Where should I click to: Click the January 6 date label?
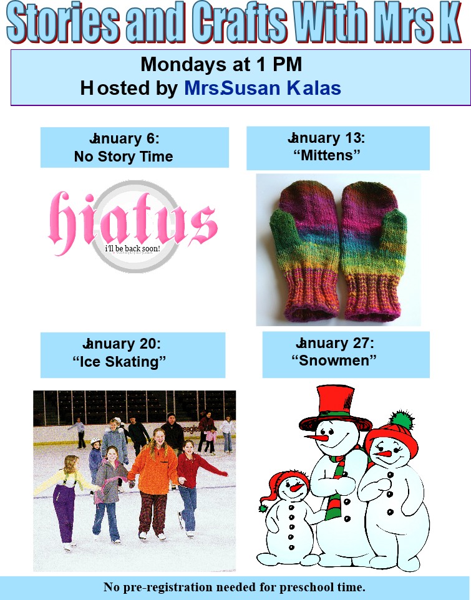(124, 138)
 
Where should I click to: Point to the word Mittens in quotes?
(327, 155)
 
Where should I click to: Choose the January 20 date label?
(122, 343)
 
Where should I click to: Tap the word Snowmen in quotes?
(334, 360)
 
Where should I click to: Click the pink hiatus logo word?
(133, 222)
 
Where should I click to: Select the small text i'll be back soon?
(132, 248)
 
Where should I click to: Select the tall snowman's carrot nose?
(317, 437)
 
